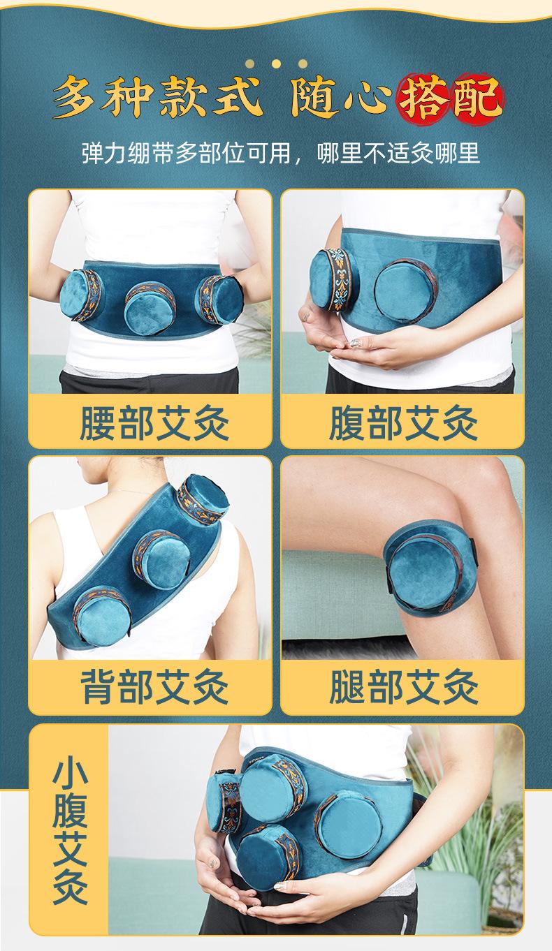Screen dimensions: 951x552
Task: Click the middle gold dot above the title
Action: [276, 64]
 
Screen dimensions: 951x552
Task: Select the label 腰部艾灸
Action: [154, 422]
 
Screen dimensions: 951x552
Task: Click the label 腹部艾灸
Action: [403, 422]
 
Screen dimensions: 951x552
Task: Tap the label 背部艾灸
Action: [154, 687]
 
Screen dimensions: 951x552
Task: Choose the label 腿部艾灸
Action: [403, 687]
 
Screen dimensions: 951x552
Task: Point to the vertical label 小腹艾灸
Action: [70, 836]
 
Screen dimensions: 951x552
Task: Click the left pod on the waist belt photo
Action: [84, 296]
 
